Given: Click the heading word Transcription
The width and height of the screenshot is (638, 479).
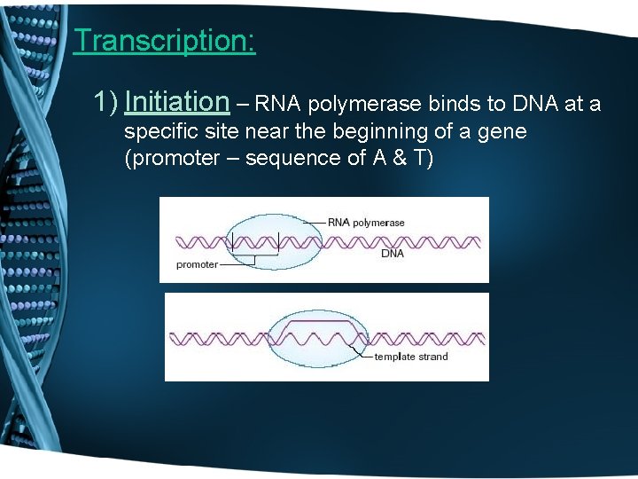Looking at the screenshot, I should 164,41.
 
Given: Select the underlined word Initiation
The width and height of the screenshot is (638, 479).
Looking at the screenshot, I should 176,103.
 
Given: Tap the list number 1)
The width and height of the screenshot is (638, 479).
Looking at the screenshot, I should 106,103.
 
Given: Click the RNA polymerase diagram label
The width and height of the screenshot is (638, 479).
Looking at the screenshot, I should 365,222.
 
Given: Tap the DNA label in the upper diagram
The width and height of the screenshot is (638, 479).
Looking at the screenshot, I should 392,253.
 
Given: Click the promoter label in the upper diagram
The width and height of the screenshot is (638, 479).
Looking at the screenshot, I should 197,264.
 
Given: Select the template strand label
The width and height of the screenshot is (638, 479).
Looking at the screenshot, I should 410,357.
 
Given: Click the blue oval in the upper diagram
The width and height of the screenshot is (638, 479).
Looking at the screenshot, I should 266,239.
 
